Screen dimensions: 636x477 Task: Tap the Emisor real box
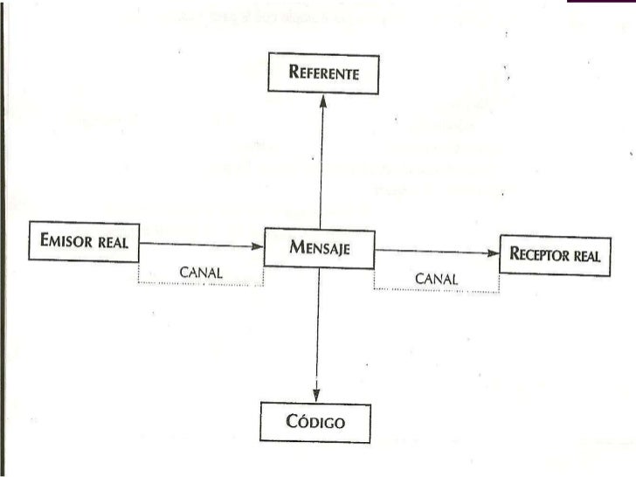click(85, 242)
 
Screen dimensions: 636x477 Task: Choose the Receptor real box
click(555, 255)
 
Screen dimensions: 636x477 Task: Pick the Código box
click(315, 423)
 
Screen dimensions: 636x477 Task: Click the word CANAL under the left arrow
click(200, 273)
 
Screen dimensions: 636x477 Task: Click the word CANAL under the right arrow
click(434, 278)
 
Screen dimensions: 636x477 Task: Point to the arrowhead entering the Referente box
click(322, 101)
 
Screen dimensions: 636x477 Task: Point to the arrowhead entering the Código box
click(317, 393)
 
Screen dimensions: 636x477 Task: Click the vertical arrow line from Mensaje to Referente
click(321, 166)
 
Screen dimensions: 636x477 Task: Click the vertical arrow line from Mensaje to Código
click(318, 332)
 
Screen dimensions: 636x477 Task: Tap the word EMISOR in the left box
click(71, 242)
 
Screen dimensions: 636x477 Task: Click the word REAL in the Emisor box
click(114, 243)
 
